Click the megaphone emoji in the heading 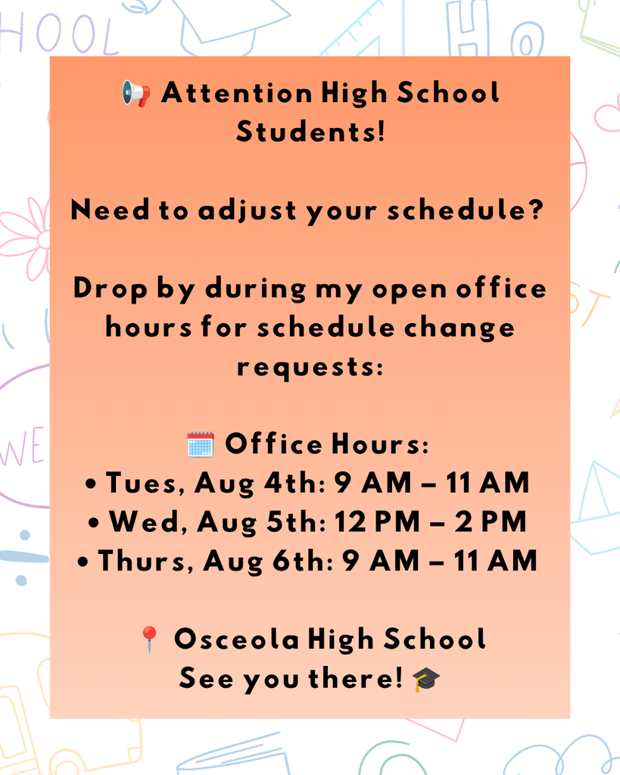pyautogui.click(x=136, y=93)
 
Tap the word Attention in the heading pyautogui.click(x=236, y=93)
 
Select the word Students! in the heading pyautogui.click(x=310, y=132)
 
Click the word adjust pyautogui.click(x=248, y=211)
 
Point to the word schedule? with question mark pyautogui.click(x=466, y=210)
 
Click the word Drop pyautogui.click(x=111, y=288)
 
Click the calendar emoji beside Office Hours pyautogui.click(x=201, y=444)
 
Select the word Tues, pyautogui.click(x=145, y=483)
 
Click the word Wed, pyautogui.click(x=148, y=522)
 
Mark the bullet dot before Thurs pyautogui.click(x=83, y=562)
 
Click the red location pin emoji pyautogui.click(x=149, y=640)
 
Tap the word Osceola pyautogui.click(x=236, y=639)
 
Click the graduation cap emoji pyautogui.click(x=425, y=679)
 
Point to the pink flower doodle pyautogui.click(x=25, y=239)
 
